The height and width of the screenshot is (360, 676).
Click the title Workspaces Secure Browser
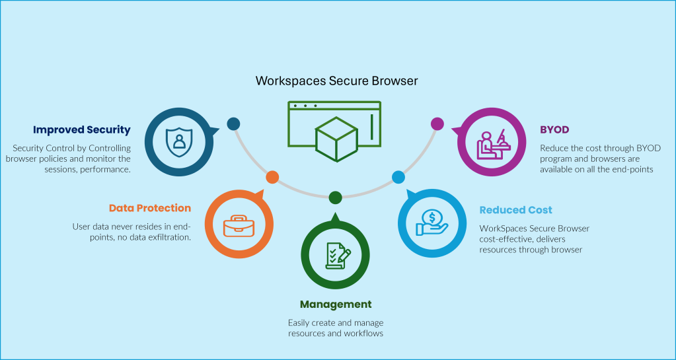point(337,81)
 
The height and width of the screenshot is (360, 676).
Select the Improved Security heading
point(82,129)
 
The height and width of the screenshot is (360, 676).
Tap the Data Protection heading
point(150,208)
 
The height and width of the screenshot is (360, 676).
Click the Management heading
point(336,305)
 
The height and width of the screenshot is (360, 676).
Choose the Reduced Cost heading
point(515,210)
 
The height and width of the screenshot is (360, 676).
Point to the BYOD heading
point(554,129)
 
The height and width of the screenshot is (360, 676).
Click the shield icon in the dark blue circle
point(177,140)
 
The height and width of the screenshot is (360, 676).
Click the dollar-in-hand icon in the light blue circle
point(432,222)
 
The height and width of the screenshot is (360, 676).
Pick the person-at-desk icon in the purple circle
point(492,143)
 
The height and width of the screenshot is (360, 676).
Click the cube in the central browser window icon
point(336,139)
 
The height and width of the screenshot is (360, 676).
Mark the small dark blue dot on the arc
point(233,124)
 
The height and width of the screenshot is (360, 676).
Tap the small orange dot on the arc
point(272,177)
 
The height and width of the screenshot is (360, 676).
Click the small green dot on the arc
point(335,197)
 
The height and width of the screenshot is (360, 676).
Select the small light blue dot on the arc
point(398,177)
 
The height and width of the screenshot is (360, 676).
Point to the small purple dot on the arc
point(437,124)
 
